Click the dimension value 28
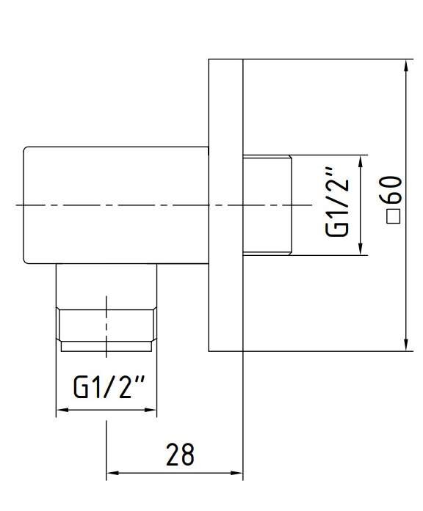point(180,454)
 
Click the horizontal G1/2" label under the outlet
point(109,387)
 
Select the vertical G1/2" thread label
point(337,202)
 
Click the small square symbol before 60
point(394,216)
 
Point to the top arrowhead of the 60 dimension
point(406,65)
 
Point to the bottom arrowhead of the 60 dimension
point(406,345)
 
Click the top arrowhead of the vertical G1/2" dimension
point(361,161)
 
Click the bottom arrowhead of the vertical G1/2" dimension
point(361,249)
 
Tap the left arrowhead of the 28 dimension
point(112,473)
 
